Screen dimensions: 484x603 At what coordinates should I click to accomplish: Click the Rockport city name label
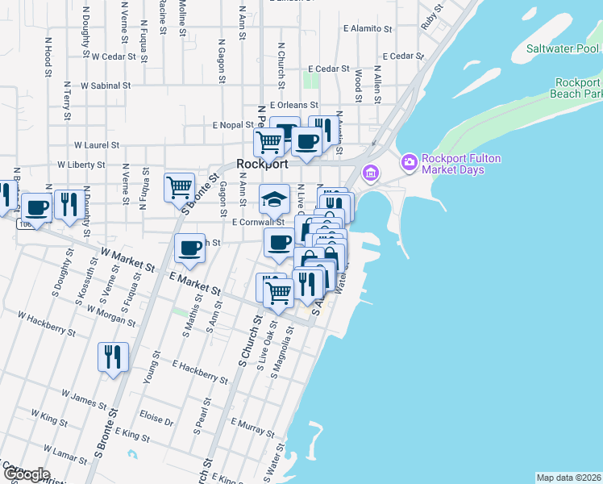262,163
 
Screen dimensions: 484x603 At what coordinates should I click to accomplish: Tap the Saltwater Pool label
563,48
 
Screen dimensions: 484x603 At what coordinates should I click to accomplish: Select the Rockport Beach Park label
578,88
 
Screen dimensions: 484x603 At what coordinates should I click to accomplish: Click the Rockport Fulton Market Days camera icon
410,164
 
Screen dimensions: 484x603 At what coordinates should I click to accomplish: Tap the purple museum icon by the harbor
370,173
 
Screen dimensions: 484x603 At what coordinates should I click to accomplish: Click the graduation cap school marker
274,198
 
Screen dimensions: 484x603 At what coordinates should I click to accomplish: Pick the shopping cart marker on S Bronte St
179,187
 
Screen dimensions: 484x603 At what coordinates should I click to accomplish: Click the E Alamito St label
367,28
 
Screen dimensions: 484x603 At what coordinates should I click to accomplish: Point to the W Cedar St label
117,56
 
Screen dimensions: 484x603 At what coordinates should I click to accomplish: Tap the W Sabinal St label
102,85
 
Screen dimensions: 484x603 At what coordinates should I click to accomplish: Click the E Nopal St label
233,126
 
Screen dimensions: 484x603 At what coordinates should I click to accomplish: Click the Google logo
26,474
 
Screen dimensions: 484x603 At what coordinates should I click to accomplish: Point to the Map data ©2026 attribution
568,478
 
